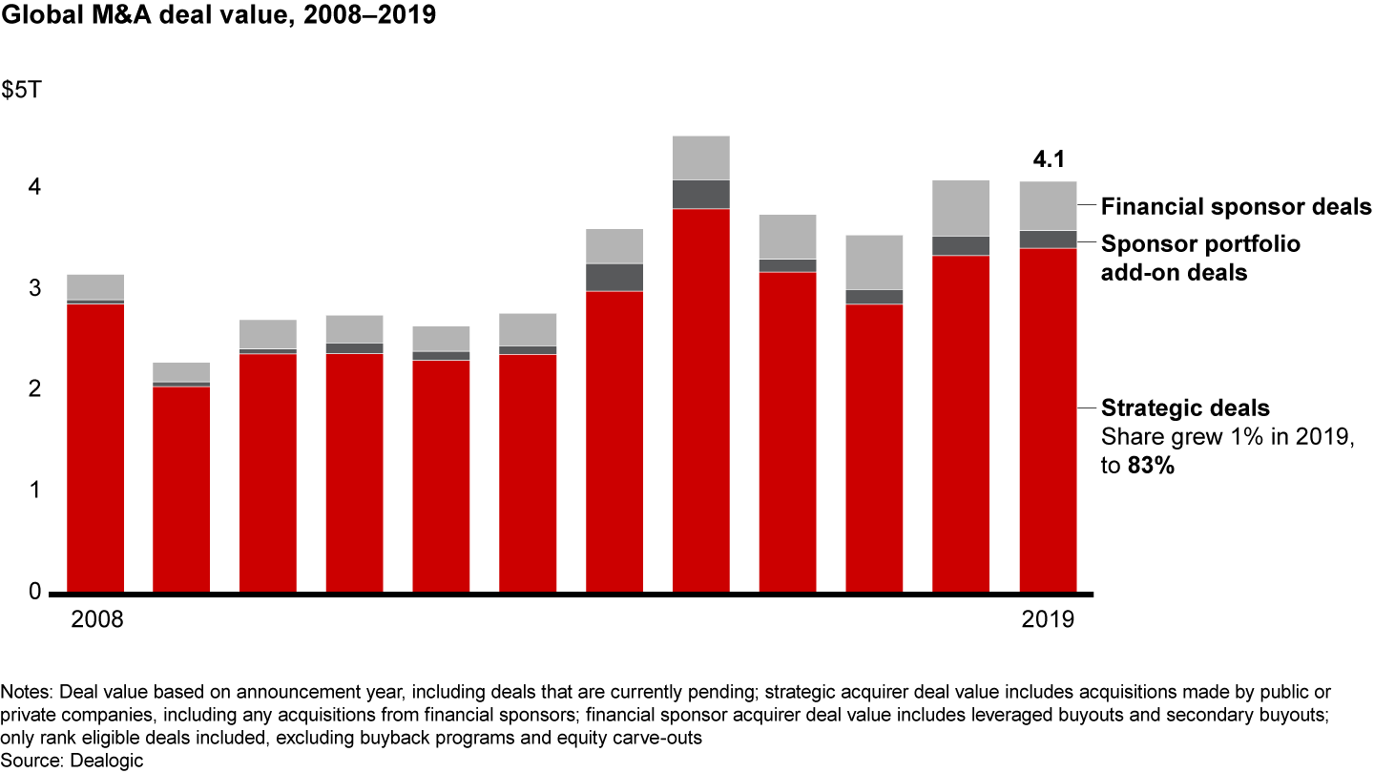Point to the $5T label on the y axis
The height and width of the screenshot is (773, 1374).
coord(21,93)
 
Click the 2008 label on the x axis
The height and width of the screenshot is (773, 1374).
coord(97,619)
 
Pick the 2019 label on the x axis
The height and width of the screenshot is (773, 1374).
coord(1048,619)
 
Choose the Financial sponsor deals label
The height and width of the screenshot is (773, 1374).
coord(1236,206)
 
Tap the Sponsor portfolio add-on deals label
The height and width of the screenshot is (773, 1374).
coord(1200,257)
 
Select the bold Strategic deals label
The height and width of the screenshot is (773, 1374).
coord(1185,408)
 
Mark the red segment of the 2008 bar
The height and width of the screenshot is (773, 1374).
coord(95,449)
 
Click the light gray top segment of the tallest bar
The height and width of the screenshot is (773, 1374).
coord(700,157)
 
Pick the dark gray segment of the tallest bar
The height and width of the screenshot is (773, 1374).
coord(700,195)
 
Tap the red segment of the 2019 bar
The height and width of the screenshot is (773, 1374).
coord(1048,420)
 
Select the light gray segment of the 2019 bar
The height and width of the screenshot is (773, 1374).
coord(1048,205)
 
